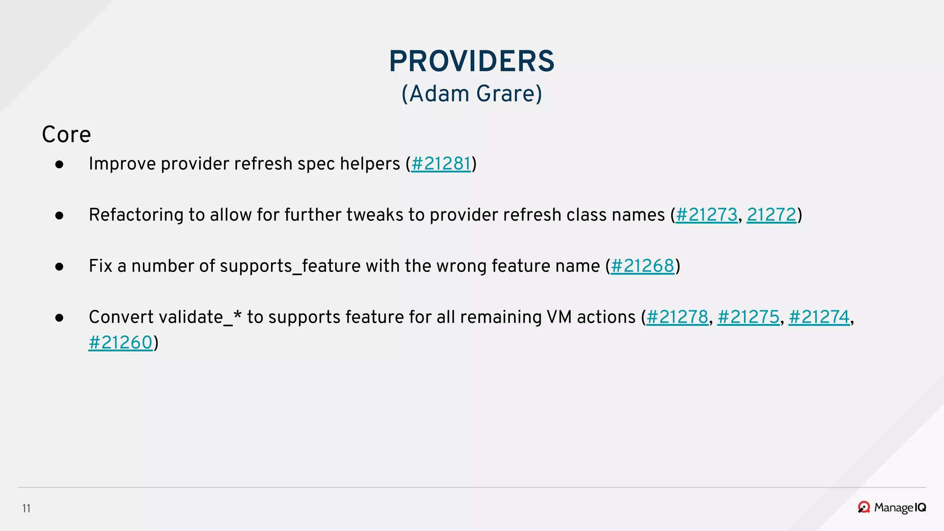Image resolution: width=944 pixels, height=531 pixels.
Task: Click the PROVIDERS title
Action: tap(472, 61)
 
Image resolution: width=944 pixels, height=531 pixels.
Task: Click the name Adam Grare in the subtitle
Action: tap(472, 94)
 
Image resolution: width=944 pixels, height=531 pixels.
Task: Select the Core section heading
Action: tap(66, 135)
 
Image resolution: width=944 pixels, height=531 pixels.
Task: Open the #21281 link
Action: tap(441, 164)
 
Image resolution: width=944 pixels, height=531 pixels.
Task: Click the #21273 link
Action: tap(706, 215)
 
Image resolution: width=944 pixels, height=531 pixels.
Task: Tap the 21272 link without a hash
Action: tap(771, 215)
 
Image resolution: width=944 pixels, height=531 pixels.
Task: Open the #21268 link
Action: tap(642, 266)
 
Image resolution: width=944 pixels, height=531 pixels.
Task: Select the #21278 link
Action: tap(677, 318)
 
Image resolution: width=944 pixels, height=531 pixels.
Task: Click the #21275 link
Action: tap(748, 318)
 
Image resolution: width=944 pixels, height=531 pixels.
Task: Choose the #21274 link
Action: tap(819, 318)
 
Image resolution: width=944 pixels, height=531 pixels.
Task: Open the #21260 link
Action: tap(120, 343)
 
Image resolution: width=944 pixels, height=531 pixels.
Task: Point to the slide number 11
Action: tap(26, 508)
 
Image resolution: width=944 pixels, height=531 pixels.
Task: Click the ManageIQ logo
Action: tap(892, 507)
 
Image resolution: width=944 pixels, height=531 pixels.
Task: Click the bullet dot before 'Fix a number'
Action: tap(59, 266)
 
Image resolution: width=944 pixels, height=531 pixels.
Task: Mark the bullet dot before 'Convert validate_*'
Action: tap(59, 318)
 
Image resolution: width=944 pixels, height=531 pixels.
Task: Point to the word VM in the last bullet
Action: tap(559, 318)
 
